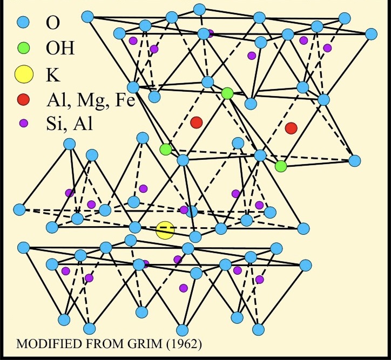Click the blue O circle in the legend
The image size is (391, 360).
click(23, 23)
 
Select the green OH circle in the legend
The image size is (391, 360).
click(23, 49)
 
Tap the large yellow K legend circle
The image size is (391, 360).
click(23, 74)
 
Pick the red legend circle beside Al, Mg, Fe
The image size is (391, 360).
click(23, 100)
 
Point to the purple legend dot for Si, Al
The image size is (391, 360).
click(23, 123)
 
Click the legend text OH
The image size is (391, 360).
click(60, 49)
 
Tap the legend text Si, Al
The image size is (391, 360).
click(70, 125)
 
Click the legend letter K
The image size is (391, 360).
click(53, 74)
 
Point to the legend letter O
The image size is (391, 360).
click(53, 23)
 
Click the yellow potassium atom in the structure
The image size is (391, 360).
click(165, 230)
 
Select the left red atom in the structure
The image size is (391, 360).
click(197, 123)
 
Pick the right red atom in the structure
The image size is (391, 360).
click(291, 128)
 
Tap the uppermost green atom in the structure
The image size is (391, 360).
click(227, 93)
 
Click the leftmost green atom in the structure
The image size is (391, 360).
click(165, 149)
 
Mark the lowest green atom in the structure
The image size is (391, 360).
click(280, 166)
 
